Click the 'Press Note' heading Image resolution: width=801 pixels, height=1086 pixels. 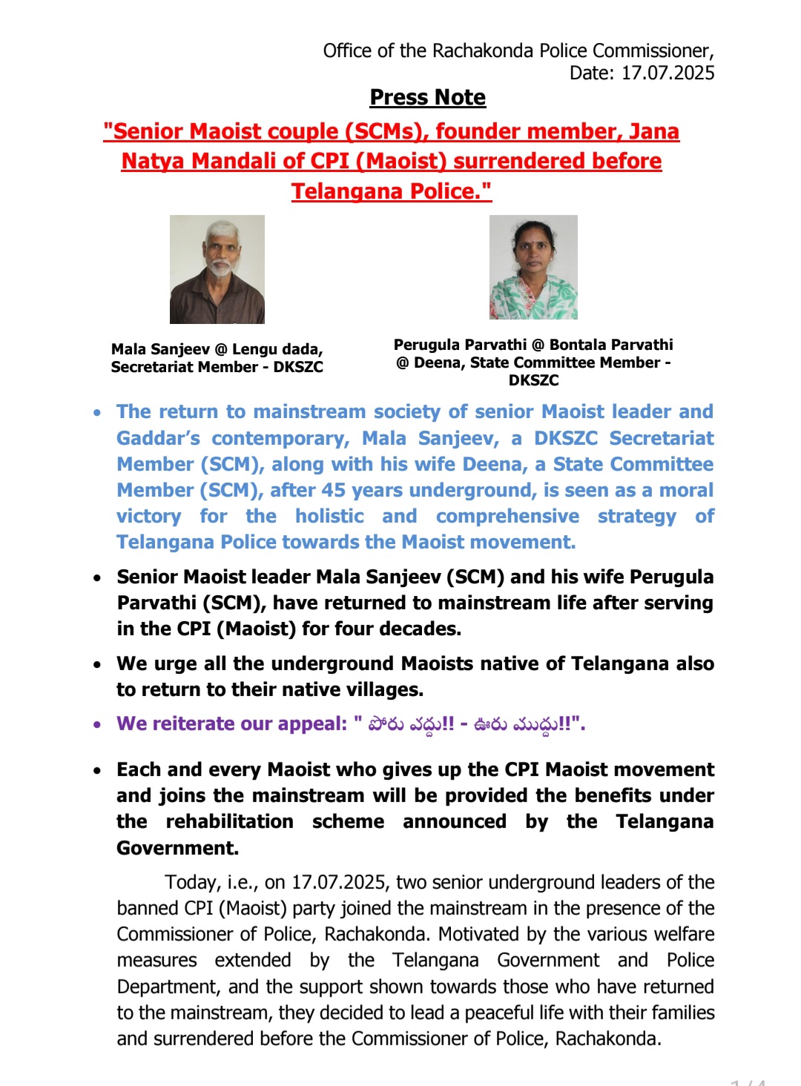click(x=428, y=98)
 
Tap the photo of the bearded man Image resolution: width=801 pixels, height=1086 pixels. click(x=217, y=269)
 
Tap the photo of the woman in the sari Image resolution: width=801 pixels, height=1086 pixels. click(x=533, y=268)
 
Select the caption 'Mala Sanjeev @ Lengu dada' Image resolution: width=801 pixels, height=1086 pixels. click(x=217, y=349)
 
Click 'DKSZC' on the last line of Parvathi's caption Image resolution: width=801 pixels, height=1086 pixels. click(x=533, y=380)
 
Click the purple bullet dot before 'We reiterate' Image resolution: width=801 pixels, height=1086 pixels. click(x=97, y=724)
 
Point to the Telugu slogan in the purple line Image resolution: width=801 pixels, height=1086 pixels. click(x=470, y=724)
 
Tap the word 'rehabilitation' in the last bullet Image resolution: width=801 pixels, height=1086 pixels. click(x=229, y=821)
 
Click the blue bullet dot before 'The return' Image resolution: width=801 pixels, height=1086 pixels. click(x=97, y=412)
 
